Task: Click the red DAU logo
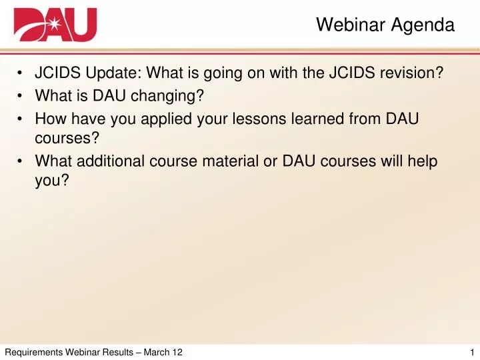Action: pos(55,25)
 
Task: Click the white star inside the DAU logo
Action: pos(55,23)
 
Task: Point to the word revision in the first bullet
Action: pos(409,73)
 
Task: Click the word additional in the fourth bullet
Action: pos(111,161)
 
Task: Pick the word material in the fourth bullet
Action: pos(231,161)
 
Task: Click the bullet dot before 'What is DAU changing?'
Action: pos(20,96)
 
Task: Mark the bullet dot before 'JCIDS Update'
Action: pos(20,73)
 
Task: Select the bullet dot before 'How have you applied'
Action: pos(20,119)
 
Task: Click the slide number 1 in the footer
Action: pos(472,352)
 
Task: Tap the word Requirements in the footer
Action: pos(34,353)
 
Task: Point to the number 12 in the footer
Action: pos(177,352)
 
